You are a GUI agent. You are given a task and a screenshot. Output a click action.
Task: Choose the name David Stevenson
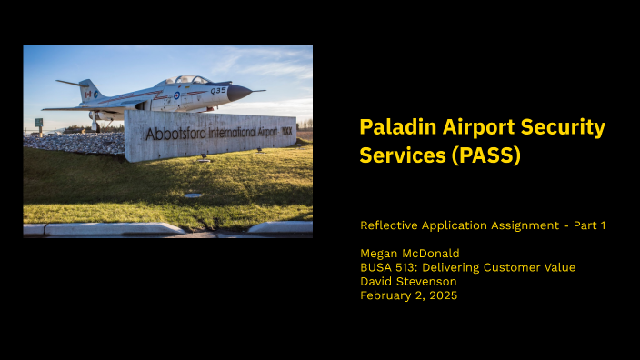pyautogui.click(x=408, y=281)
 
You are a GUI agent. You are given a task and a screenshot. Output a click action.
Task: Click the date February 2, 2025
pyautogui.click(x=408, y=295)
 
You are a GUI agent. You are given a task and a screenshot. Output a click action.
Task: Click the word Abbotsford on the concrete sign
pyautogui.click(x=175, y=134)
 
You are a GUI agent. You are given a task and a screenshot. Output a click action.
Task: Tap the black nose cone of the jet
pyautogui.click(x=239, y=92)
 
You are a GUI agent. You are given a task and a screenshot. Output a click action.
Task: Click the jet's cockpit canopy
pyautogui.click(x=190, y=81)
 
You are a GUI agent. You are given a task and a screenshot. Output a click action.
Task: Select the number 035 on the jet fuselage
pyautogui.click(x=218, y=90)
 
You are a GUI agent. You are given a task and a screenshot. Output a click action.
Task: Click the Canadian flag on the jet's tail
pyautogui.click(x=87, y=93)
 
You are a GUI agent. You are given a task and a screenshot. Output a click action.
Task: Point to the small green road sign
pyautogui.click(x=39, y=122)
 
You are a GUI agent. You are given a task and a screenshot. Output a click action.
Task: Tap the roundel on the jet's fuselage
pyautogui.click(x=176, y=95)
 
